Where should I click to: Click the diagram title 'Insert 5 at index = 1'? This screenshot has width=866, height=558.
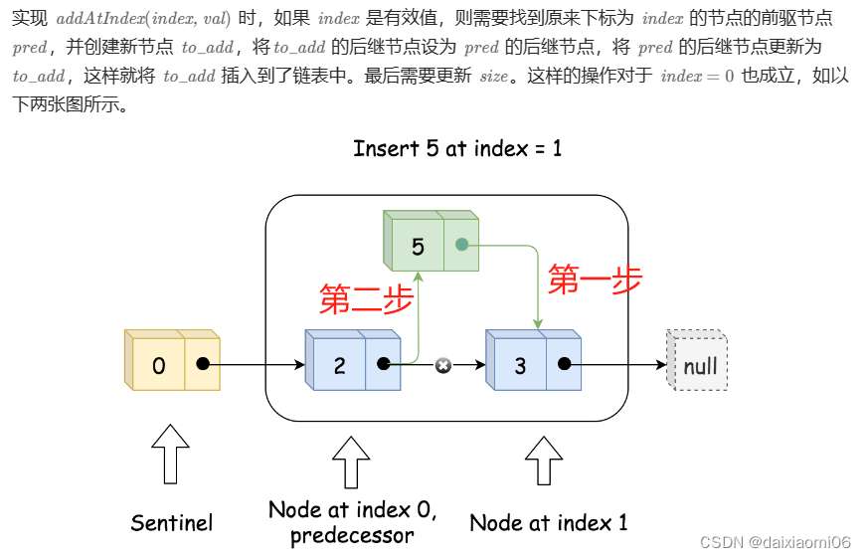pos(456,149)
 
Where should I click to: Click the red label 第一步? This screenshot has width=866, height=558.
pos(595,280)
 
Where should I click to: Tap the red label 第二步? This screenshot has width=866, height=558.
pos(365,298)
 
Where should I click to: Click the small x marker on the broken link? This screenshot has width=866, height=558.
pos(443,365)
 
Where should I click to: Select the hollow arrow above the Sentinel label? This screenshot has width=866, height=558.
pos(172,455)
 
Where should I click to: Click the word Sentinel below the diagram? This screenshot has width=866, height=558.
pos(172,522)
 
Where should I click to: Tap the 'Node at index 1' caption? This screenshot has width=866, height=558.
pos(548,522)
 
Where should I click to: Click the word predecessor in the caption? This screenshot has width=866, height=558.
pos(352,536)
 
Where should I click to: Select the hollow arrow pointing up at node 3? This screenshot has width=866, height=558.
pos(543,459)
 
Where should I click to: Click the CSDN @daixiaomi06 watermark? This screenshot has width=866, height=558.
pos(775,542)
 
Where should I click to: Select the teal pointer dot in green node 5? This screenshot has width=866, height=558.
pos(461,244)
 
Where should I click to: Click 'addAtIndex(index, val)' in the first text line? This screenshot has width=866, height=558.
pos(143,19)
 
